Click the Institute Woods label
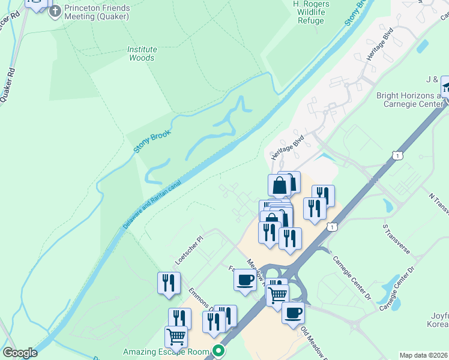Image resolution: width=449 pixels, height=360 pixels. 142,53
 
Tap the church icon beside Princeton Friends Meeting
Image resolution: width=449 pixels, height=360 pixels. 55,11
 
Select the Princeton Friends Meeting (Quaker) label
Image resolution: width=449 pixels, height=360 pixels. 97,12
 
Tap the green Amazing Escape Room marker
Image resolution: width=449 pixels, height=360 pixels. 220,351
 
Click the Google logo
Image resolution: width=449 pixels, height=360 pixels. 20,353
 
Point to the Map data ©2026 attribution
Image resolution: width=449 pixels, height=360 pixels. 423,355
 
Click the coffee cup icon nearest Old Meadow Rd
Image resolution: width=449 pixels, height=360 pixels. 293,313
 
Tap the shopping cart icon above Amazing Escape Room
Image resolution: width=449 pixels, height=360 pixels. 176,336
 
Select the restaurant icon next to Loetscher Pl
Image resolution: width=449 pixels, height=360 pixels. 169,283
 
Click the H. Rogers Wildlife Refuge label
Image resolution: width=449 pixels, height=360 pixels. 310,12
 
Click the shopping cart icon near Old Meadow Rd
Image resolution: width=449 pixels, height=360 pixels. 277,295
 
